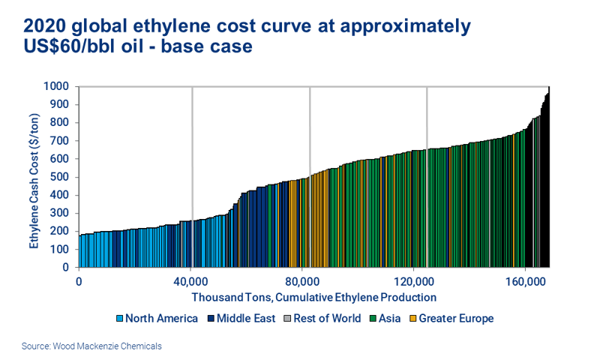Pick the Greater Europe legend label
pyautogui.click(x=457, y=319)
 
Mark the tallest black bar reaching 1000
pyautogui.click(x=549, y=180)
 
